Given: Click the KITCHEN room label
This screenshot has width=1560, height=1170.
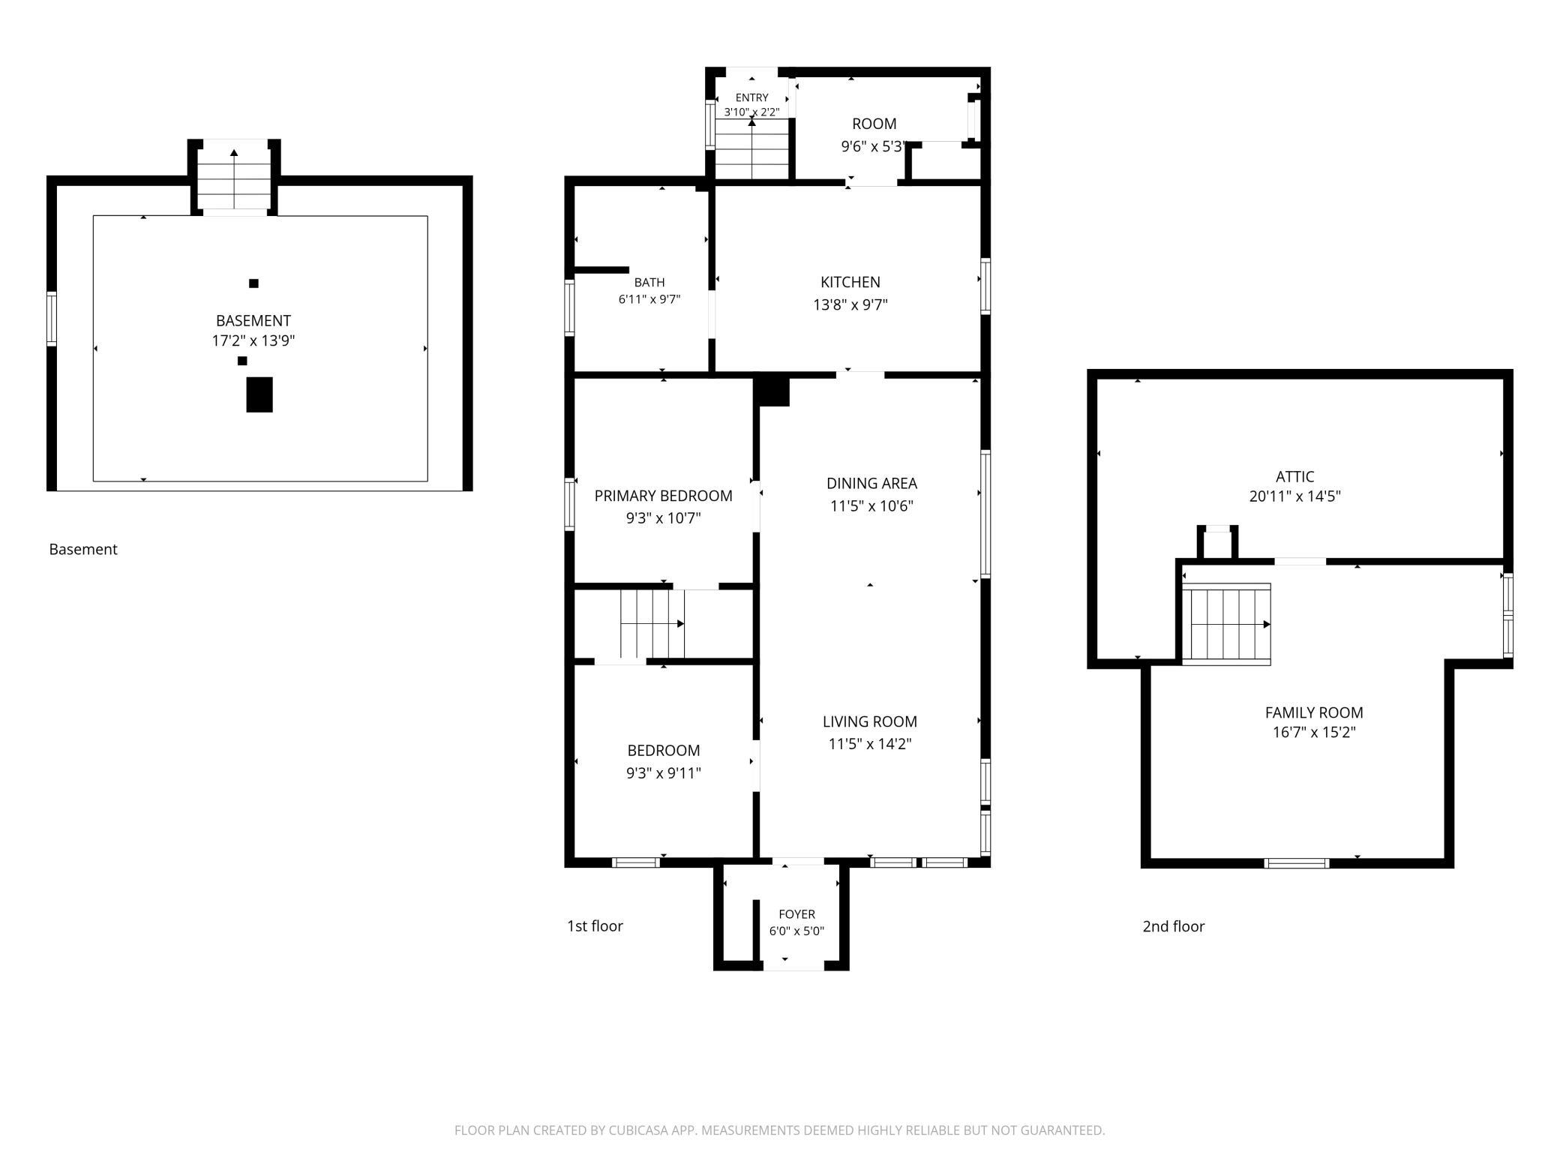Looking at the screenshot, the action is [850, 282].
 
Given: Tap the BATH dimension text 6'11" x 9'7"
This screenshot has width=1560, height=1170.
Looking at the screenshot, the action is [649, 299].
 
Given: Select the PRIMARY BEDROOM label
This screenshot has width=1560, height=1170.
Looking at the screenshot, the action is [663, 496].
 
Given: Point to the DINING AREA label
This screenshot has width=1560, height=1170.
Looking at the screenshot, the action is [871, 484].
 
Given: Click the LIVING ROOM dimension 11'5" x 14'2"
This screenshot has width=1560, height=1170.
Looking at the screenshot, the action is [870, 744].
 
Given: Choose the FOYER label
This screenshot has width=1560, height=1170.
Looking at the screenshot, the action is [796, 914].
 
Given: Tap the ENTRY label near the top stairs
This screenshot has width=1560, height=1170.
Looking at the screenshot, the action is [751, 97].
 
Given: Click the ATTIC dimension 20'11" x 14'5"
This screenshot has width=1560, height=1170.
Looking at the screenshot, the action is [1295, 496].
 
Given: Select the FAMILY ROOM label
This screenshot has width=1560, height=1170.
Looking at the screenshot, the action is [1314, 712].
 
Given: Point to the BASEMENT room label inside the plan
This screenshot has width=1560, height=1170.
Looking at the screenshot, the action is [253, 321].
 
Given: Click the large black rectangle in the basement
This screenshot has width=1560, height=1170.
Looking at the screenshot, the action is [259, 394].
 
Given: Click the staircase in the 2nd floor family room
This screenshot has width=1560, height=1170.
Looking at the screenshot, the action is [1226, 624].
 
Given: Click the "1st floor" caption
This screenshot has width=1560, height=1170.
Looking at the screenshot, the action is [595, 926].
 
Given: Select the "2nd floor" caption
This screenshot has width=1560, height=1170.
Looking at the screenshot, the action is [1174, 926].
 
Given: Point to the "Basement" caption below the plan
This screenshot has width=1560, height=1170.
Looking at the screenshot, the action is [83, 549].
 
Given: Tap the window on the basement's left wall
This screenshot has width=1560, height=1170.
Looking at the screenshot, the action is [52, 319].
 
